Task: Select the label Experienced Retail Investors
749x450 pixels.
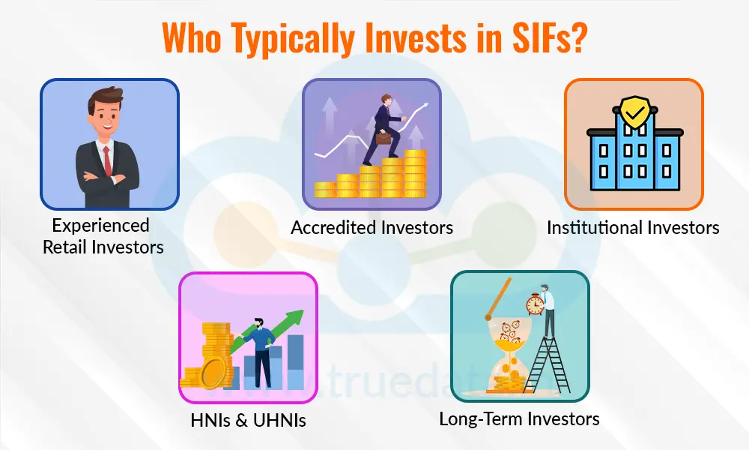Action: pos(103,235)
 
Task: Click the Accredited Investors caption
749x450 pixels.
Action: pos(372,227)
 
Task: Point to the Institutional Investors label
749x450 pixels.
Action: pos(633,227)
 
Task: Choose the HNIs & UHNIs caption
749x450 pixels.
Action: pos(248,421)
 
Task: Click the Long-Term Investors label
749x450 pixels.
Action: pos(519,418)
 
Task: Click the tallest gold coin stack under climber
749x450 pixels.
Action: pos(414,173)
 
